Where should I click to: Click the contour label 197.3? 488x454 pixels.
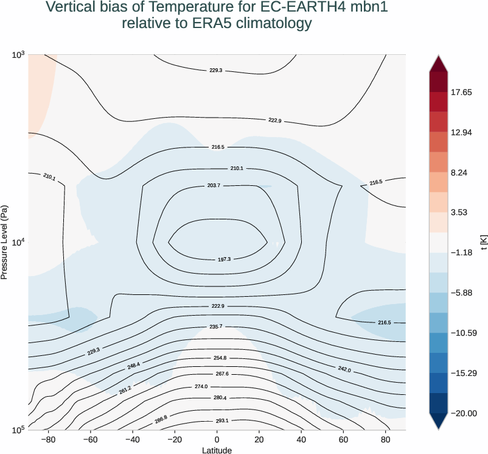coord(224,260)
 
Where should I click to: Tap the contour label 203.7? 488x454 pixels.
coord(213,185)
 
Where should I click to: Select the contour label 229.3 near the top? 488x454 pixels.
coord(215,71)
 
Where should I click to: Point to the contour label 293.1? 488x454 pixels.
coord(221,421)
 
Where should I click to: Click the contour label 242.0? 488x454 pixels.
coord(344,369)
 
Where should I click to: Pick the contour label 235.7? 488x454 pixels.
coord(215,327)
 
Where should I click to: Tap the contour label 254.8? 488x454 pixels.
coord(220,358)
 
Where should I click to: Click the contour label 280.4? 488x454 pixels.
coord(220,398)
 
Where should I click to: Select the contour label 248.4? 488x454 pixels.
coord(133,366)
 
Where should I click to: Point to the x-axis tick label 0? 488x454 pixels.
coord(217,439)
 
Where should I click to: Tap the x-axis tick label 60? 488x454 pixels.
coord(343,439)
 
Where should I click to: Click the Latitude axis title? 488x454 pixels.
coord(217,450)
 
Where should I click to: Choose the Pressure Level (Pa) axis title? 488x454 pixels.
coord(5,242)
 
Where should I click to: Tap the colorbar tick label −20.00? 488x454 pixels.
coord(465,414)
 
